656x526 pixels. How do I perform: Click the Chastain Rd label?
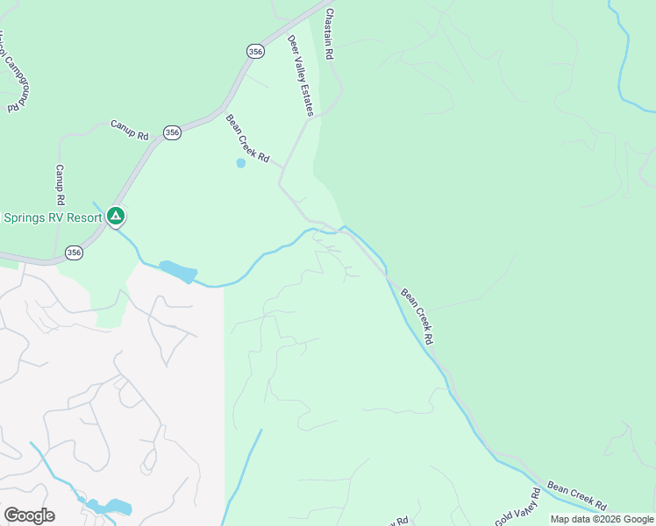pyautogui.click(x=330, y=35)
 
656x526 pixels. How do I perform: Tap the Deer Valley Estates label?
pyautogui.click(x=301, y=76)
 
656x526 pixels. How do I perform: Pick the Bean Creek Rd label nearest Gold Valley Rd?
pyautogui.click(x=576, y=495)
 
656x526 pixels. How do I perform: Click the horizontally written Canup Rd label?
pyautogui.click(x=130, y=130)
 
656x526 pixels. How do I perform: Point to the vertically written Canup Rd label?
pyautogui.click(x=60, y=184)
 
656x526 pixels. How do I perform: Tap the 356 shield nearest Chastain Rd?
pyautogui.click(x=254, y=52)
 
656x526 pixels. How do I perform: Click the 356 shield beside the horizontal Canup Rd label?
pyautogui.click(x=172, y=132)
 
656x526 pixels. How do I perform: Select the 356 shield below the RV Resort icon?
pyautogui.click(x=74, y=252)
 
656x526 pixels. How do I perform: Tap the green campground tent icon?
pyautogui.click(x=116, y=216)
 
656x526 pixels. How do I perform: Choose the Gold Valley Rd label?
pyautogui.click(x=515, y=508)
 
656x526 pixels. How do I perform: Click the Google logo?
pyautogui.click(x=29, y=515)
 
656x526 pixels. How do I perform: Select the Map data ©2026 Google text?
pyautogui.click(x=602, y=520)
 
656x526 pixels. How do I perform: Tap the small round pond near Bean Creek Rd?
pyautogui.click(x=240, y=163)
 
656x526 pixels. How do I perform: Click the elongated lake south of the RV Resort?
pyautogui.click(x=178, y=272)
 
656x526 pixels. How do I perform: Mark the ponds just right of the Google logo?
pyautogui.click(x=108, y=507)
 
